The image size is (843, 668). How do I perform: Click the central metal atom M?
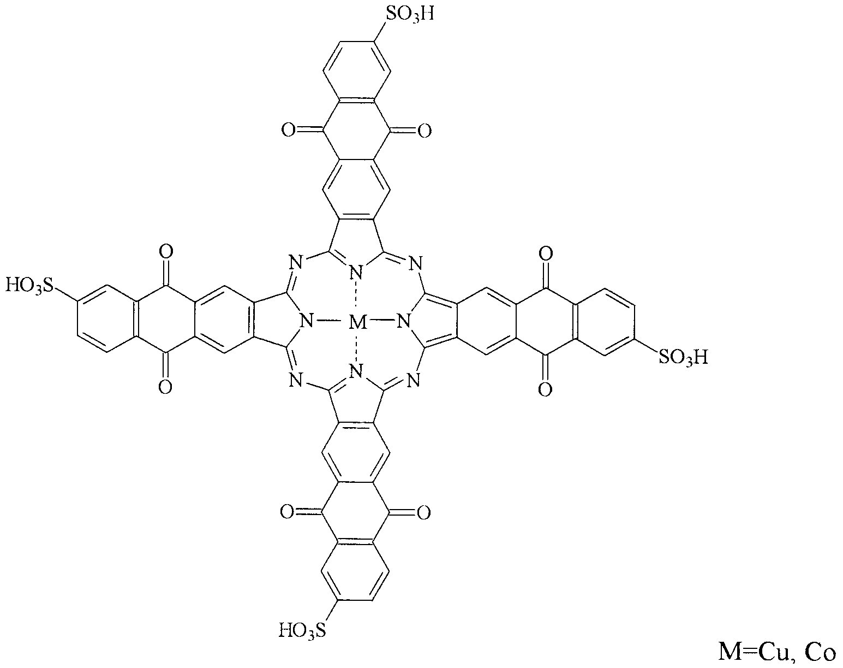[x=357, y=322]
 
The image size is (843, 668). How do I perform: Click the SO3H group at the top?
[x=410, y=15]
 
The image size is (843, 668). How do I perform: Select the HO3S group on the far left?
[x=28, y=286]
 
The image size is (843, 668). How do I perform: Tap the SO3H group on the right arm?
[x=684, y=357]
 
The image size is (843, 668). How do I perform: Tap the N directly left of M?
[x=307, y=322]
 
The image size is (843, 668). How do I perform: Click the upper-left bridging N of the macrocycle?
[x=296, y=263]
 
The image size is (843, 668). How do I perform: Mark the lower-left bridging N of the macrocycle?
[x=296, y=380]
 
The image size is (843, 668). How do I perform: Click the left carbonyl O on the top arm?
[x=288, y=130]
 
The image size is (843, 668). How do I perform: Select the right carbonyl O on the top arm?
[x=425, y=130]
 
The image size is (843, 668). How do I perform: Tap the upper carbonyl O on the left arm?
[x=166, y=251]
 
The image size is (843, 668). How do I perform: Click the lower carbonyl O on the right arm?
[x=545, y=389]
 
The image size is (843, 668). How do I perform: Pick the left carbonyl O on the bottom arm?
[x=287, y=512]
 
